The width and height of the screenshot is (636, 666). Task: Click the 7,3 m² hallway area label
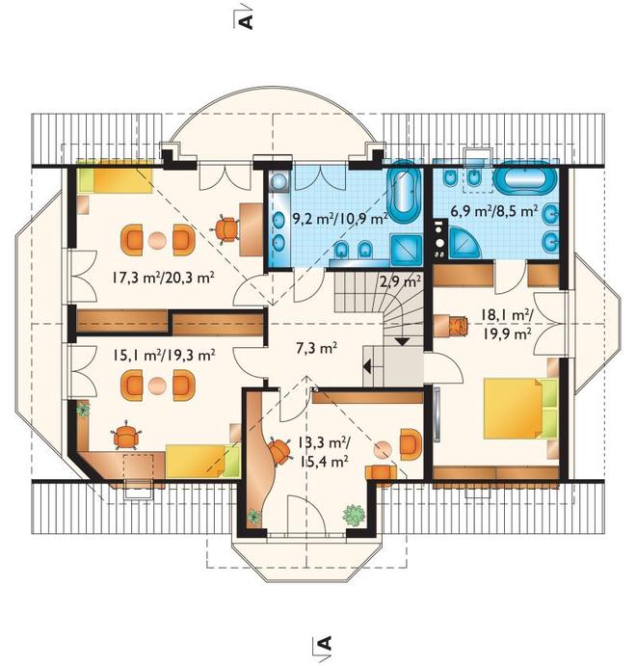point(316,349)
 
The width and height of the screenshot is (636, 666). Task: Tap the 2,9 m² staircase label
point(400,280)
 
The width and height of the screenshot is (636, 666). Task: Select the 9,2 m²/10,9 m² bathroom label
point(340,219)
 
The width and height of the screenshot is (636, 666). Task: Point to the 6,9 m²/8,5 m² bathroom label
point(494,211)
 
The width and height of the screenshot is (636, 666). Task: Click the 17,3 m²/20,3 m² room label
point(163,279)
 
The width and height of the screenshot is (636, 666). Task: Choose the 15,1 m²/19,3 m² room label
point(164,355)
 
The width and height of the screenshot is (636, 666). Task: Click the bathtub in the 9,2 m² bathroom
point(404,192)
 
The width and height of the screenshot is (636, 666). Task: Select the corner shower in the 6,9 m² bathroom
point(464,242)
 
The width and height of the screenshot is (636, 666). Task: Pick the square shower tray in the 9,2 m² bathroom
point(407,251)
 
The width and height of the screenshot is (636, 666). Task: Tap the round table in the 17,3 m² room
point(157,240)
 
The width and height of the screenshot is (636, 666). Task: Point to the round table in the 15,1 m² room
point(157,386)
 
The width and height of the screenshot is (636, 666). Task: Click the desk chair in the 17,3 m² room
point(225,229)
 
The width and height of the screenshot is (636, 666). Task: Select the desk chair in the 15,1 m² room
point(125,435)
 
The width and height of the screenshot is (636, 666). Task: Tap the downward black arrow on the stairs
point(402,341)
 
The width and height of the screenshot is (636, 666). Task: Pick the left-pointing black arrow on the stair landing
point(367,366)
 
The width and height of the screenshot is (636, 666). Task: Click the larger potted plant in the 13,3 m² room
point(354,515)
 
